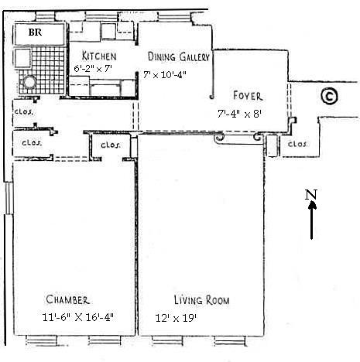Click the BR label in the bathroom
(35, 32)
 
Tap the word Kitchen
(99, 56)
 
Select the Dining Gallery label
(179, 56)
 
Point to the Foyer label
(248, 96)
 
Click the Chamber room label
(68, 299)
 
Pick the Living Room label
(201, 300)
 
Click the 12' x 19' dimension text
(176, 318)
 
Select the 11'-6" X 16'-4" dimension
(77, 317)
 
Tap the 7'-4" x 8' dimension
(240, 114)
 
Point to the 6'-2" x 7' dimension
(93, 69)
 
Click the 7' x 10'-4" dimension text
(165, 75)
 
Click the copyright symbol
(329, 96)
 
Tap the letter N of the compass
(310, 195)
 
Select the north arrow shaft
(312, 220)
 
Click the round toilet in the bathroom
(29, 82)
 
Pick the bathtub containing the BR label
(39, 34)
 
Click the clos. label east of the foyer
(297, 144)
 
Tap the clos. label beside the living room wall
(111, 145)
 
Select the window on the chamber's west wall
(9, 198)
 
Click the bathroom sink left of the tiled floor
(22, 58)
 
